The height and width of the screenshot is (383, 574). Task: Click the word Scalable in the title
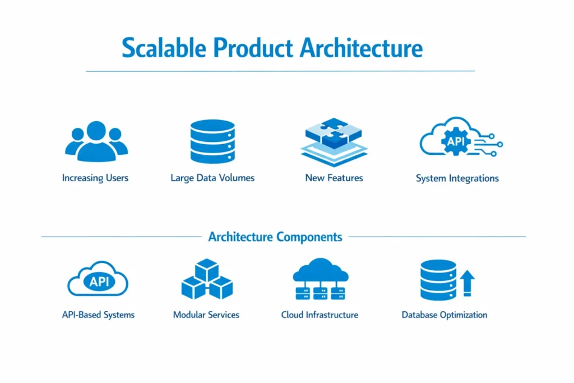[x=164, y=48]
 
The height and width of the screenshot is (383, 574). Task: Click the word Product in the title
[x=253, y=48]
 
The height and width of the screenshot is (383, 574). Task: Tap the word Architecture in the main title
[x=362, y=48]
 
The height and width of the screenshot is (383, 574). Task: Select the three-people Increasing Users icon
[x=96, y=142]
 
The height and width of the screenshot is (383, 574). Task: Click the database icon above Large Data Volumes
[x=212, y=141]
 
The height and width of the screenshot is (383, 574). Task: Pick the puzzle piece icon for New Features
[x=334, y=142]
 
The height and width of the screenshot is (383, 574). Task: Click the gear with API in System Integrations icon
[x=456, y=141]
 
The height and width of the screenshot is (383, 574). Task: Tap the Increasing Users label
[x=95, y=178]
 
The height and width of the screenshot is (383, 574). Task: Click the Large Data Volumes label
[x=212, y=178]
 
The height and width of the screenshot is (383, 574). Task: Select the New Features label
[x=334, y=178]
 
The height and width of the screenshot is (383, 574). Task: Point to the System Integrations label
[x=457, y=178]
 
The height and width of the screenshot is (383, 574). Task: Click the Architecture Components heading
[x=275, y=237]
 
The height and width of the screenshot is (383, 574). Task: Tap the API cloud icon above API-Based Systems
[x=98, y=279]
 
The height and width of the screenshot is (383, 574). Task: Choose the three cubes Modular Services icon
[x=207, y=279]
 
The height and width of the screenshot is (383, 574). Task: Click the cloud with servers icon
[x=320, y=279]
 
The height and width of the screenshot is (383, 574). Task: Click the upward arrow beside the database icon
[x=467, y=283]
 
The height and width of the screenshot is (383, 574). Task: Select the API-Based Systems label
[x=98, y=315]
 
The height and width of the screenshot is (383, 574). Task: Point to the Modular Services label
[x=206, y=315]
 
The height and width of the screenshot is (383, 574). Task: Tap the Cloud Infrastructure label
[x=320, y=315]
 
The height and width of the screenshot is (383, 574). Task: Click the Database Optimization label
[x=445, y=315]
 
